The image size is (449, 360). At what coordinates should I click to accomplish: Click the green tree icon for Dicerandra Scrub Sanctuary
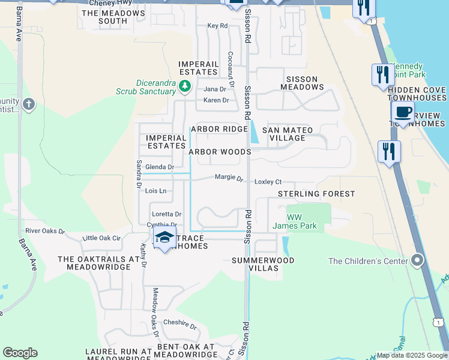click(185, 88)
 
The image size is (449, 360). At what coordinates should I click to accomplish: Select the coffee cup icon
click(403, 112)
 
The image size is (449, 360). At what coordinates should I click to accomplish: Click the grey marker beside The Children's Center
click(418, 260)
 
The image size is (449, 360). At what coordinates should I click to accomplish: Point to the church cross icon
click(29, 104)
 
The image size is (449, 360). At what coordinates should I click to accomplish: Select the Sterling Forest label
click(316, 194)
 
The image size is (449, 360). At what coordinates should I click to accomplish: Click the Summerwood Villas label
click(263, 264)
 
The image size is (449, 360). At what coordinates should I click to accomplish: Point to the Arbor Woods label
click(220, 152)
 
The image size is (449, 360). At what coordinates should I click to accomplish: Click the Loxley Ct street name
click(268, 181)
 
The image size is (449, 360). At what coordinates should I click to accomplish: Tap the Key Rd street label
click(217, 26)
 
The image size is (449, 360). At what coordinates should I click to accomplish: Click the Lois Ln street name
click(155, 191)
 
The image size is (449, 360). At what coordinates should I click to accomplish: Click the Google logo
click(20, 353)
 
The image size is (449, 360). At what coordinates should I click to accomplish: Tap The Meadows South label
click(104, 17)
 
